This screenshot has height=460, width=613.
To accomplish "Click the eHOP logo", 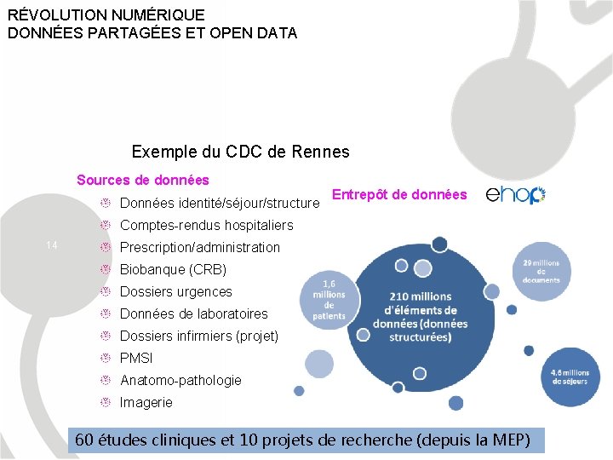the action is [515, 195].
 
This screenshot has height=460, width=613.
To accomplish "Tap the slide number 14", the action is [51, 246].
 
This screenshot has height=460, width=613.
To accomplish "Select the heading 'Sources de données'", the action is [142, 180].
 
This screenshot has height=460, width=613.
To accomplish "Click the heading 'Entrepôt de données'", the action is [399, 195].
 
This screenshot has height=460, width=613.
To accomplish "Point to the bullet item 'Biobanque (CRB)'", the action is [173, 269].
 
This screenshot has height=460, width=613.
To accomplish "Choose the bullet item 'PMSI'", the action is [136, 358].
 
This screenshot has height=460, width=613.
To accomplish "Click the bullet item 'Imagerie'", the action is [146, 402].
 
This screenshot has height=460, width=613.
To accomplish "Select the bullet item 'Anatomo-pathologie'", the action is [180, 380].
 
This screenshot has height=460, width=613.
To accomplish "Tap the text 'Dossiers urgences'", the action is [175, 291].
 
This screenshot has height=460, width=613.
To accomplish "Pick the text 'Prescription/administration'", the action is [199, 247].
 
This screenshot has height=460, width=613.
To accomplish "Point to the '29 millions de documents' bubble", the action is [541, 272].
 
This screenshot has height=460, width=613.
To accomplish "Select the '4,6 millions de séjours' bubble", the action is [570, 377].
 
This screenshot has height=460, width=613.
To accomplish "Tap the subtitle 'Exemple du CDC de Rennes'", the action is [240, 152].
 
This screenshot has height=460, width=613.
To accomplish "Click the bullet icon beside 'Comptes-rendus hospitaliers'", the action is [106, 225].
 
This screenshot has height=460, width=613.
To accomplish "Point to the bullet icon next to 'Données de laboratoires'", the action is [106, 313].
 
